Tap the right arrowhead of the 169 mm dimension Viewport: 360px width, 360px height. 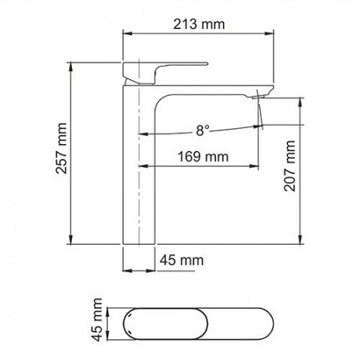point(258,167)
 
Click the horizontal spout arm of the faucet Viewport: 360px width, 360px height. point(208,90)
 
